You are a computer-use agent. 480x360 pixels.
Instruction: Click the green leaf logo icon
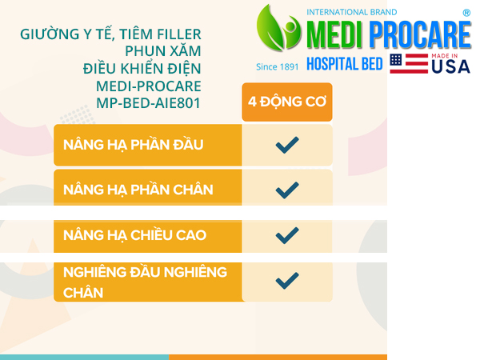tap(278, 28)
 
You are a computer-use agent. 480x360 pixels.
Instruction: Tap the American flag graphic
tap(409, 64)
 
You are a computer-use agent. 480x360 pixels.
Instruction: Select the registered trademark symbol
tap(466, 13)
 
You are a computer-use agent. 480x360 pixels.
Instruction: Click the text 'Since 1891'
tap(277, 66)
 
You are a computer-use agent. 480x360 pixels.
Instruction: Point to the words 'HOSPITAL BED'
tap(345, 64)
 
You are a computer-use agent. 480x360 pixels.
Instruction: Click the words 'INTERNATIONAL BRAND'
tap(352, 12)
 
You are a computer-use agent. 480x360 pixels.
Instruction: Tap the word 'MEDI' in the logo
tap(335, 34)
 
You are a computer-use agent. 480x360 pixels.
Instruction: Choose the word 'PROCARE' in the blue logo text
tap(420, 34)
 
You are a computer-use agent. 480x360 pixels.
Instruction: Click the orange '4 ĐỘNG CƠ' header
tap(287, 102)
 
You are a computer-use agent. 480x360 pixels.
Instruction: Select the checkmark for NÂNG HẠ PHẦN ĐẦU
tap(287, 145)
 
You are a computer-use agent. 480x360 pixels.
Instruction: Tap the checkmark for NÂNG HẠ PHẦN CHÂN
tap(287, 190)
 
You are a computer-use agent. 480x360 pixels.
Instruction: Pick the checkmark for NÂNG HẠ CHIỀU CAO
tap(287, 235)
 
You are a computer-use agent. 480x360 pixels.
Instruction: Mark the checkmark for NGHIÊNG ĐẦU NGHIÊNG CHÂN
tap(287, 281)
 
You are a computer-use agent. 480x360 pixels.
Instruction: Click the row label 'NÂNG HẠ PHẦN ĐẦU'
tap(133, 145)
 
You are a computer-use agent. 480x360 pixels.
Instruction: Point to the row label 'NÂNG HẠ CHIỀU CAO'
tap(134, 235)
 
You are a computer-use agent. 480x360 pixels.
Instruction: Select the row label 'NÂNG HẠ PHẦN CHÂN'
tap(138, 190)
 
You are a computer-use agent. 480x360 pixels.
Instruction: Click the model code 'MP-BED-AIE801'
tap(149, 103)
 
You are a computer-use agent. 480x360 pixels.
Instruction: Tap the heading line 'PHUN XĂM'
tap(163, 51)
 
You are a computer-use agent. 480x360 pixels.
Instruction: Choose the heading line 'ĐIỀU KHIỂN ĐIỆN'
tap(142, 68)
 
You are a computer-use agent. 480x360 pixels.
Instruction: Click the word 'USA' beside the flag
tap(450, 66)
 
